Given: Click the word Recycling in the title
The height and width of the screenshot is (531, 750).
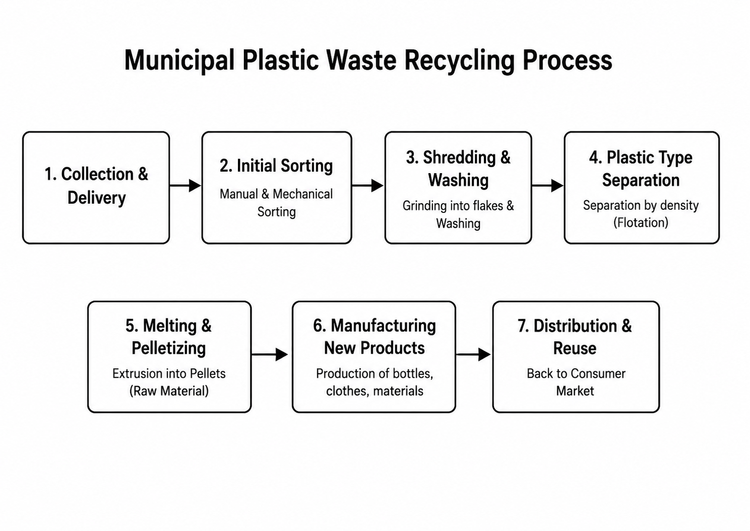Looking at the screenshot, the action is click(x=459, y=61).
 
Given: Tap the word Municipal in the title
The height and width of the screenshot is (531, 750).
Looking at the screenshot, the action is click(x=180, y=61).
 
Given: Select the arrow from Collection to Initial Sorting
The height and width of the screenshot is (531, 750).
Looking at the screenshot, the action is click(x=185, y=185).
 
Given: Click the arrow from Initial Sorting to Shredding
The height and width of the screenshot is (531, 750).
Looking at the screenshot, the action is click(x=368, y=185).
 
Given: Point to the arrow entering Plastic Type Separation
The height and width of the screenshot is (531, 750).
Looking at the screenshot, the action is click(x=547, y=185).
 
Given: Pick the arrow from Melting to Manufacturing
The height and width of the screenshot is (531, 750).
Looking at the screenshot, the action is click(x=270, y=354).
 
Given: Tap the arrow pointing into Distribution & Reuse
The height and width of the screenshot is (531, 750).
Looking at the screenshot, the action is click(x=473, y=354).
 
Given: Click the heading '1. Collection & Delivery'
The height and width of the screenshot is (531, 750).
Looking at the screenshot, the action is click(x=97, y=186).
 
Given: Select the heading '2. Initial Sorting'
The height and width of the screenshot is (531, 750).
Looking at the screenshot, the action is click(x=276, y=166).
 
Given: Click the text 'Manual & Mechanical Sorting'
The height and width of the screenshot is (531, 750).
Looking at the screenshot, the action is click(x=276, y=203).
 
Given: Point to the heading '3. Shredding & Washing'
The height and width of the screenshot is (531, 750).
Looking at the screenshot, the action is click(x=458, y=169).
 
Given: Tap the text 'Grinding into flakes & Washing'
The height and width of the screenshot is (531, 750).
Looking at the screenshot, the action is click(x=458, y=214).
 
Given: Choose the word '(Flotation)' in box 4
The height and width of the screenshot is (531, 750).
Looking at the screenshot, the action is click(x=641, y=222).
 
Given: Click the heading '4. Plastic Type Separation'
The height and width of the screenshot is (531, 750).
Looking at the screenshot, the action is click(x=641, y=169).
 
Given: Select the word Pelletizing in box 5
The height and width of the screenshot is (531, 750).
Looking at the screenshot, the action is click(x=169, y=348).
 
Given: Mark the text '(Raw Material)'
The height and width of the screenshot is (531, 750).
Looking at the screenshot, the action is click(x=169, y=391).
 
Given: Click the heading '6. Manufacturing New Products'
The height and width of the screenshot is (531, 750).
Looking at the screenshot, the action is click(x=374, y=337).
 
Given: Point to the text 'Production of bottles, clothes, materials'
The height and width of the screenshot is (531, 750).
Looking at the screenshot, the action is click(x=375, y=382).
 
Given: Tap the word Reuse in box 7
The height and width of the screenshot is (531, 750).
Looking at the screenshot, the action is click(x=575, y=348).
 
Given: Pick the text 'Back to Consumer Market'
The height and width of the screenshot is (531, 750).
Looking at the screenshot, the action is click(x=576, y=382).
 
